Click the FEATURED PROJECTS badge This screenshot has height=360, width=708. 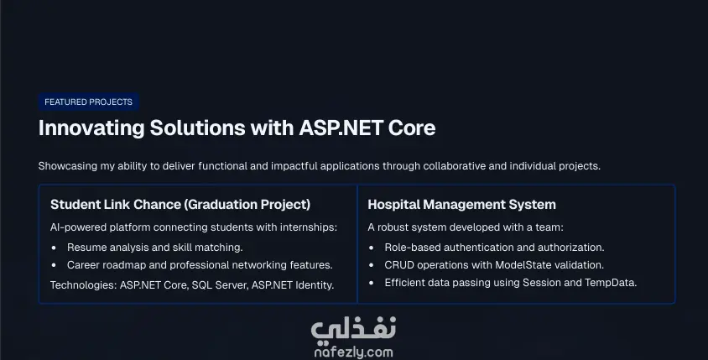point(89,102)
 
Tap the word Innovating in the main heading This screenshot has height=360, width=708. point(91,128)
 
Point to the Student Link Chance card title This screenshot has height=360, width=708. point(180,205)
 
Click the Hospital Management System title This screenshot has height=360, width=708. point(461,205)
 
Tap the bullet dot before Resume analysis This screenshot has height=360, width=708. point(55,248)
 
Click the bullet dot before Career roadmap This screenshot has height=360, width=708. point(55,265)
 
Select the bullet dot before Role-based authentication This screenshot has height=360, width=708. point(372,248)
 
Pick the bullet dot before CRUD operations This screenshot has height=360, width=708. point(372,265)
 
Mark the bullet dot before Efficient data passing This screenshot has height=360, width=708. point(372,283)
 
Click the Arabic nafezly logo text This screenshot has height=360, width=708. point(353,330)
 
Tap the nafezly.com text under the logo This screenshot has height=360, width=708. point(353,352)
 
